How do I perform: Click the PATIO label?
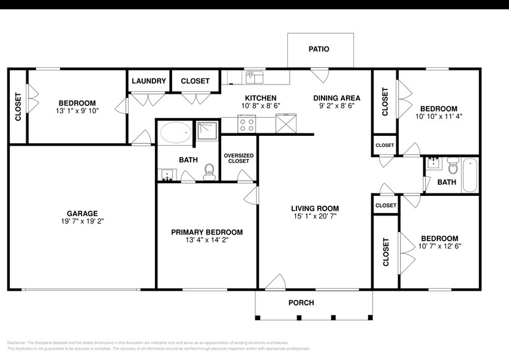[x=319, y=49]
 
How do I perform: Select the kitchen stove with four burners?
[x=247, y=124]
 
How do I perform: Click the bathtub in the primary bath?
[x=175, y=132]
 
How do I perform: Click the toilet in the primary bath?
[x=209, y=171]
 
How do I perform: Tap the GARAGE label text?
[x=82, y=214]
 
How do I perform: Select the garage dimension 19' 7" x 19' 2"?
[x=82, y=222]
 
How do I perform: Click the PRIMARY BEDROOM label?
[x=206, y=232]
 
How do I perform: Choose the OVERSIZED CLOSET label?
[x=238, y=158]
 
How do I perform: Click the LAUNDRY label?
[x=148, y=81]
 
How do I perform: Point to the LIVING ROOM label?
[x=315, y=208]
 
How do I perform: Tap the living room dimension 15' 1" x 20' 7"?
[x=315, y=216]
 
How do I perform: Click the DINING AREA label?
[x=336, y=98]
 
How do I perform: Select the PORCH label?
[x=301, y=302]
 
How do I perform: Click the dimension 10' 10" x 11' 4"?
[x=439, y=116]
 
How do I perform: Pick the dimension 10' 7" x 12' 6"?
[x=439, y=246]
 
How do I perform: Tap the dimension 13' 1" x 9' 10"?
[x=77, y=111]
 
